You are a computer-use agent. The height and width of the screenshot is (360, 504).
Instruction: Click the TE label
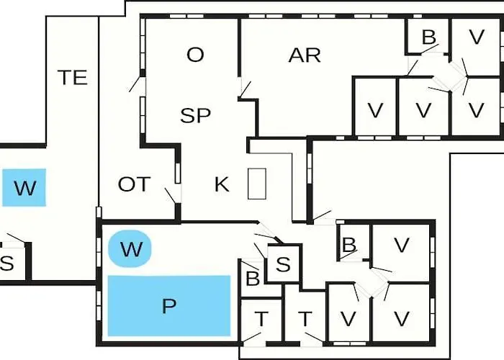[73, 78]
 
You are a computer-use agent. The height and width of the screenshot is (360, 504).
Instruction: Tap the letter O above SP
[195, 55]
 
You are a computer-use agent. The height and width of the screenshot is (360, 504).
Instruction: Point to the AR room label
[305, 55]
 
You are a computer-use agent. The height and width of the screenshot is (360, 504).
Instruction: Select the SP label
[195, 115]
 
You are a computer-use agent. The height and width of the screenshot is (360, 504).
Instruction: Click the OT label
[135, 184]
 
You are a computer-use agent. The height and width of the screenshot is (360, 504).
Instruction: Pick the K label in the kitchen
[222, 184]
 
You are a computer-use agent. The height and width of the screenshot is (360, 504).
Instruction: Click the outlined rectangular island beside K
[257, 184]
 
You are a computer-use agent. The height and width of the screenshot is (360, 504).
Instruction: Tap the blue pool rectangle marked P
[169, 306]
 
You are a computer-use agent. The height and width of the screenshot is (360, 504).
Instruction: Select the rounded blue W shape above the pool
[130, 248]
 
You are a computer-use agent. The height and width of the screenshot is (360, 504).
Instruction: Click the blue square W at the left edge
[24, 187]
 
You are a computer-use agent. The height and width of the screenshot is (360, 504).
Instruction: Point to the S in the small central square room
[283, 264]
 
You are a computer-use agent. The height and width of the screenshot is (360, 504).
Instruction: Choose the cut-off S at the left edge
[7, 264]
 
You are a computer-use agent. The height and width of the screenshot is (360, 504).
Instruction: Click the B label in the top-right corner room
[429, 37]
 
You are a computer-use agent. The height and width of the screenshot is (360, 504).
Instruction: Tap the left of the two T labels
[261, 319]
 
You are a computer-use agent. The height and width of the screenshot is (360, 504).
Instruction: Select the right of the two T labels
[305, 319]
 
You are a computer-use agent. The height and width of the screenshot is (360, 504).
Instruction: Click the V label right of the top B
[477, 37]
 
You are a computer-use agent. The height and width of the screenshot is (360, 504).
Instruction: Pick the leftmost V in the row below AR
[375, 110]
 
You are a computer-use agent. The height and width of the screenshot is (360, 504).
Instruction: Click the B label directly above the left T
[252, 279]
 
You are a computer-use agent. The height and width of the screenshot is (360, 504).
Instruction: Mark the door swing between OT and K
[171, 196]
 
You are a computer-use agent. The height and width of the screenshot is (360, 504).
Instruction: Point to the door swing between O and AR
[246, 89]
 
